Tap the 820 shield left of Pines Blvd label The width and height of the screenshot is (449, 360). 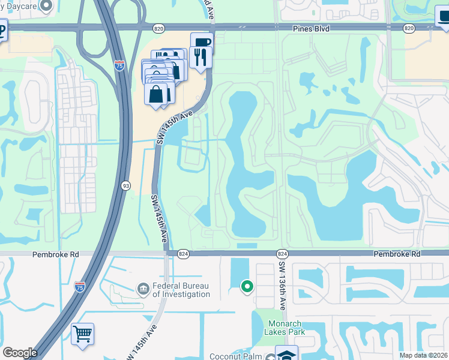[x=158, y=28]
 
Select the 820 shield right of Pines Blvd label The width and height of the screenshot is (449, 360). [x=409, y=28]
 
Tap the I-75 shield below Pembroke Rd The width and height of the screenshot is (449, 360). [x=79, y=287]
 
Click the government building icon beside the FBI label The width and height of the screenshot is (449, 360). [x=143, y=290]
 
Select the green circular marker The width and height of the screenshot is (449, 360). [x=247, y=287]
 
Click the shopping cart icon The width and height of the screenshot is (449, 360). [x=82, y=333]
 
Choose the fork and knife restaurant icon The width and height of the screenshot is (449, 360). [x=200, y=57]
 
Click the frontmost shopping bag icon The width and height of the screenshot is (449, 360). [x=156, y=94]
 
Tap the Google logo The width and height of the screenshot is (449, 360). [x=20, y=353]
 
